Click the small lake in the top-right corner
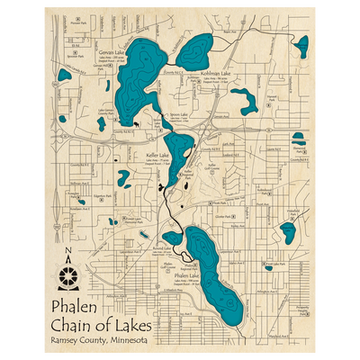302,44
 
